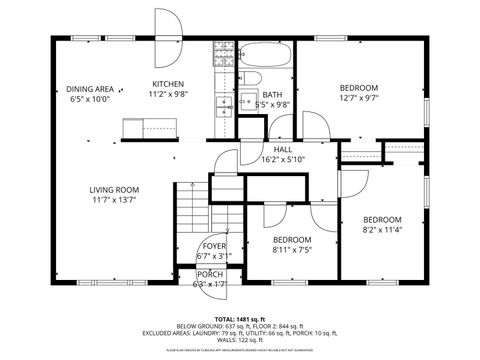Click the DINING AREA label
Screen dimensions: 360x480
click(x=89, y=89)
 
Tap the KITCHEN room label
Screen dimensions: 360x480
click(x=168, y=84)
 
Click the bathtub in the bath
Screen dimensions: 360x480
click(x=267, y=55)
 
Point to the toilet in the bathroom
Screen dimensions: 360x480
click(x=253, y=80)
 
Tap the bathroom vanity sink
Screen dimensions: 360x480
click(x=245, y=101)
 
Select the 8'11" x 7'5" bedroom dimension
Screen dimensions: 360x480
click(x=291, y=251)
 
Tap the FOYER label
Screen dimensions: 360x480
click(x=213, y=245)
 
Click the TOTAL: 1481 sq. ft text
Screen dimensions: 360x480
click(x=239, y=318)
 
